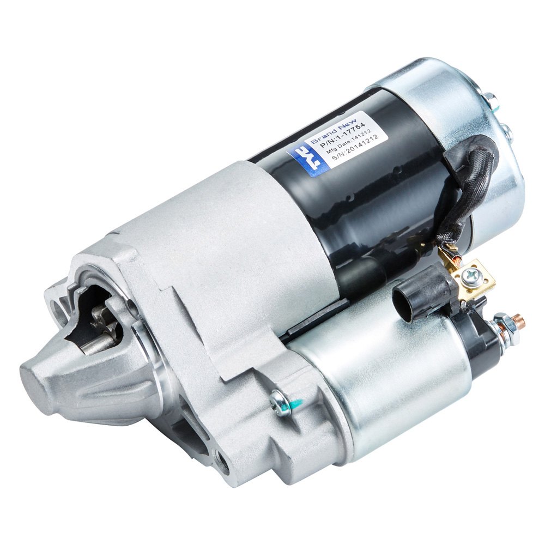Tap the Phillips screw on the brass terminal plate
point(468,277)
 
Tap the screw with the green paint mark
point(280,404)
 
